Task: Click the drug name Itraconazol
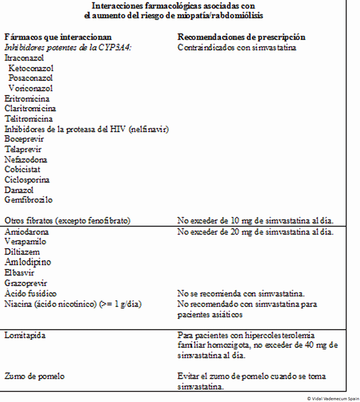(x=24, y=58)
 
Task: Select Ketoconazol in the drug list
(x=31, y=68)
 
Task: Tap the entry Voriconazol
(x=31, y=88)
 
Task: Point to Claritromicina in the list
(x=30, y=108)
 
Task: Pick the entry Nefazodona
(x=26, y=159)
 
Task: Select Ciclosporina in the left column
(x=27, y=179)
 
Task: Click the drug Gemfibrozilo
(x=28, y=200)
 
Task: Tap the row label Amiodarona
(x=27, y=232)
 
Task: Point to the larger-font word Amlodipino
(x=28, y=262)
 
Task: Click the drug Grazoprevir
(x=26, y=283)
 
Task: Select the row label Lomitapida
(x=25, y=335)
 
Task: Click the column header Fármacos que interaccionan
(x=58, y=37)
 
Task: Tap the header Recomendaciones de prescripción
(x=242, y=37)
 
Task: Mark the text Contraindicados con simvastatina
(x=237, y=48)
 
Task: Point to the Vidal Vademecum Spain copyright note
(x=333, y=398)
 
